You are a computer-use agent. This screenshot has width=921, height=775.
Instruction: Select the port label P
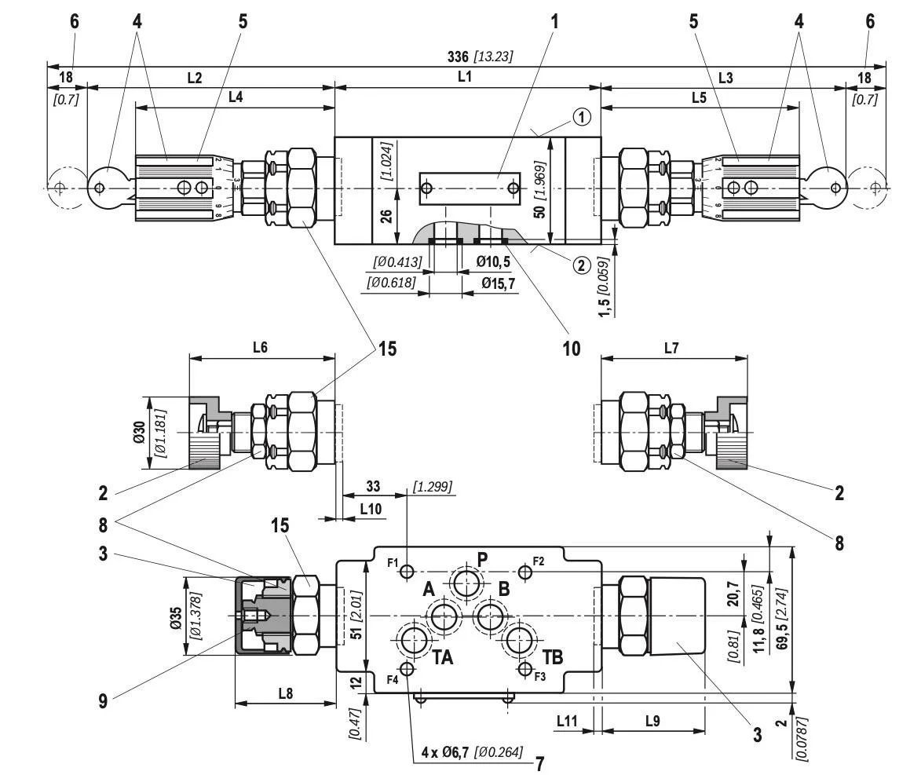point(482,559)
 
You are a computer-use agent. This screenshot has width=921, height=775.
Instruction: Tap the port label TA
point(443,657)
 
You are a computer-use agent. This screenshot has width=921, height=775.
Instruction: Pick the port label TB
point(553,657)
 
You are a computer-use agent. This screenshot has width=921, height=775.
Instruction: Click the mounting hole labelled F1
point(407,572)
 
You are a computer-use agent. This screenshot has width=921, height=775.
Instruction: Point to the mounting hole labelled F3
point(525,668)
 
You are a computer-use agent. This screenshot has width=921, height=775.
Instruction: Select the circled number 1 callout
point(581,117)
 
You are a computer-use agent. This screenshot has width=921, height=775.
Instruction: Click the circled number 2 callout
point(581,265)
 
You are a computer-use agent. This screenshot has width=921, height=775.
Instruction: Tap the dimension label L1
point(465,78)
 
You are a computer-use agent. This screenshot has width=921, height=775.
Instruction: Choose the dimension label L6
point(259,348)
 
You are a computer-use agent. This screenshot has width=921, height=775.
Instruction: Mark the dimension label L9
point(652,719)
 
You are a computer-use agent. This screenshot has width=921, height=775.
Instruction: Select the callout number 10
point(571,349)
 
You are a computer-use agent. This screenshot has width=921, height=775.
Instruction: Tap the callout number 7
point(539,762)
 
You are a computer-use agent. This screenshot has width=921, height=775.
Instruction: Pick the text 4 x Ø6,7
point(444,752)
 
